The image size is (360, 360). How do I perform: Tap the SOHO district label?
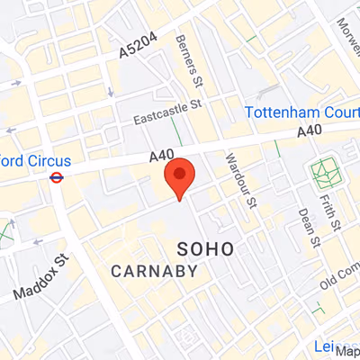pos(206,247)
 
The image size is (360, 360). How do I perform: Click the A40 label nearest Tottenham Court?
pos(311,132)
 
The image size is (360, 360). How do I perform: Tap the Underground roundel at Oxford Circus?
pos(56,177)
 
